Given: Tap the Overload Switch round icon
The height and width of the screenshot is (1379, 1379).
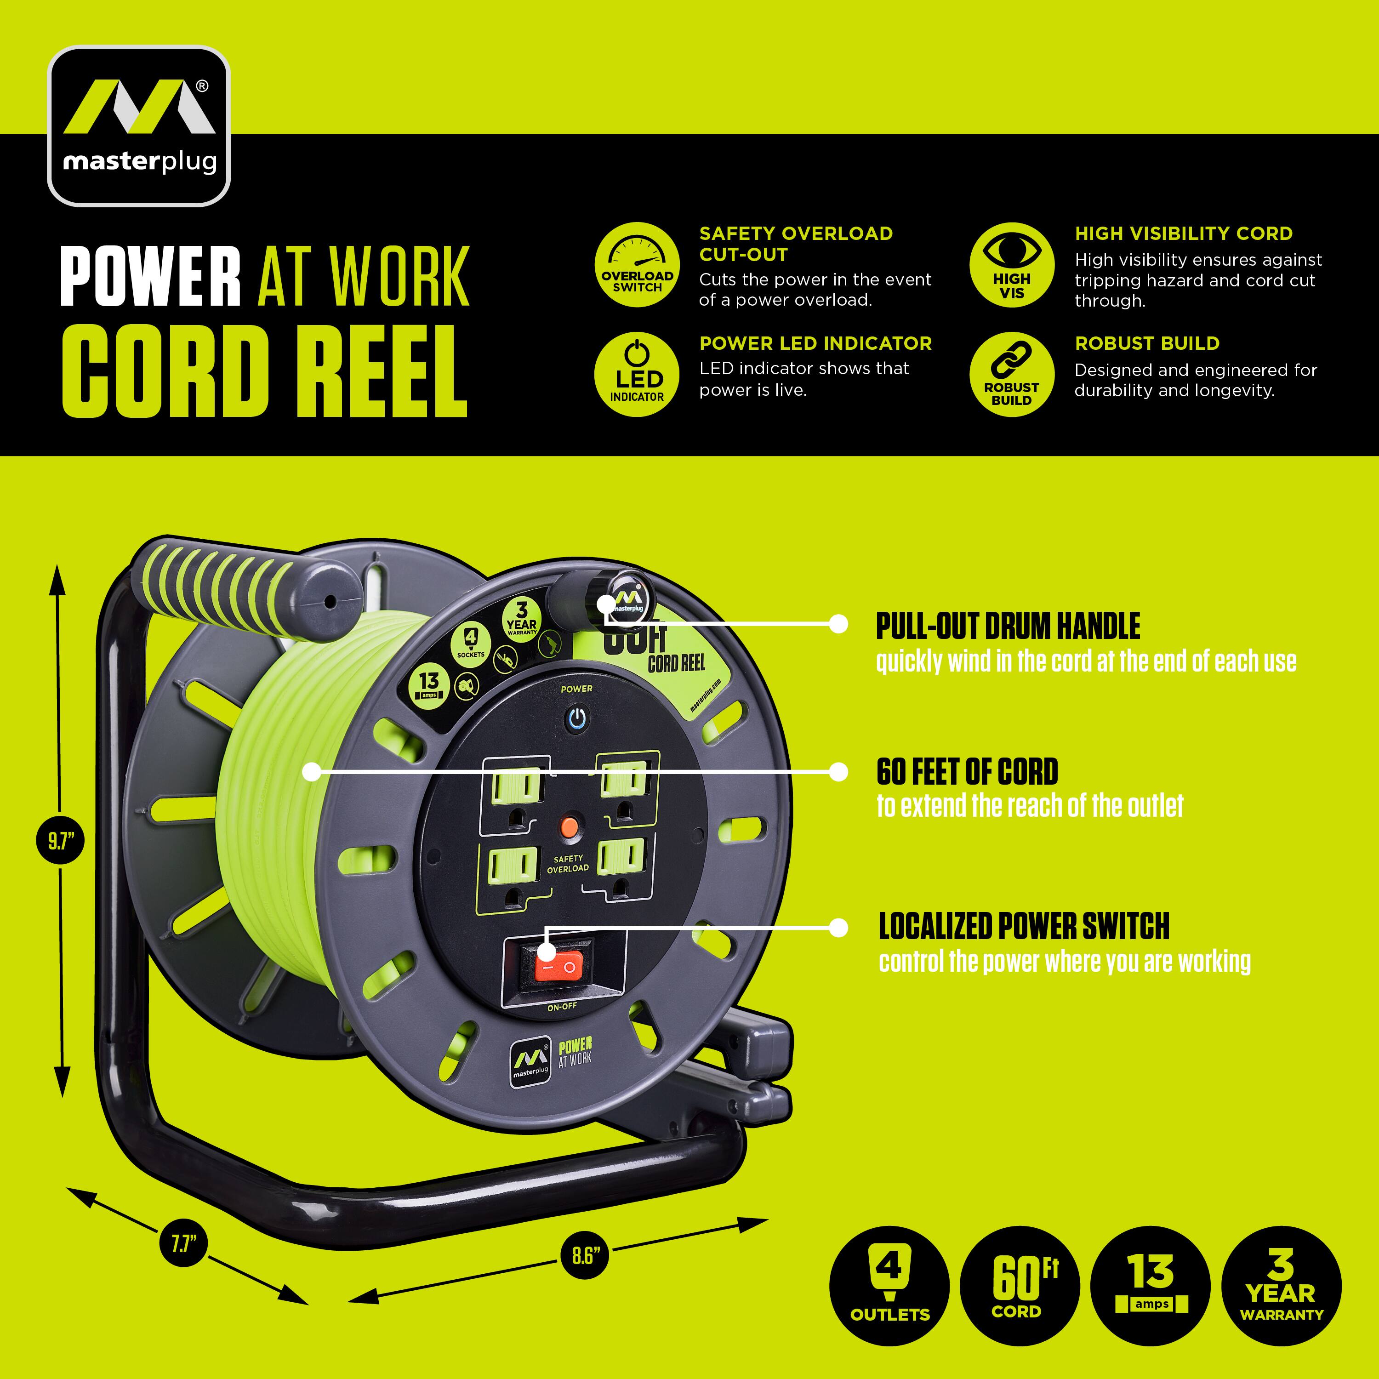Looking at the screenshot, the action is (x=637, y=266).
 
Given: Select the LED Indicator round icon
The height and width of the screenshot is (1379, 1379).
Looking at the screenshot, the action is (x=637, y=376).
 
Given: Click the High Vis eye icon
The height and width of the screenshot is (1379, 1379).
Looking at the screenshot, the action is (x=1011, y=266).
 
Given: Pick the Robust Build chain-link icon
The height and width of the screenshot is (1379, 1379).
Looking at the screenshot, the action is (x=1011, y=376).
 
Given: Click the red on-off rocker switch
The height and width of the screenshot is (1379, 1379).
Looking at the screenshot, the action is (x=559, y=967).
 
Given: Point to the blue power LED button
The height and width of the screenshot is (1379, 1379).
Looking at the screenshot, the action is (x=577, y=718).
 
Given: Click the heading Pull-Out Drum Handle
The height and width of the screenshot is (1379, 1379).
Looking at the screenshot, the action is (x=1008, y=627).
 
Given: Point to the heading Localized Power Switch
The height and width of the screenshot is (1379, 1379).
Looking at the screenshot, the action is (x=1024, y=927).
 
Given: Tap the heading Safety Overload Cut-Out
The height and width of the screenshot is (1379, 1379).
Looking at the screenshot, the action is (x=795, y=244).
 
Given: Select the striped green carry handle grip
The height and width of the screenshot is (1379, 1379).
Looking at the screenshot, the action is (x=207, y=584).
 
